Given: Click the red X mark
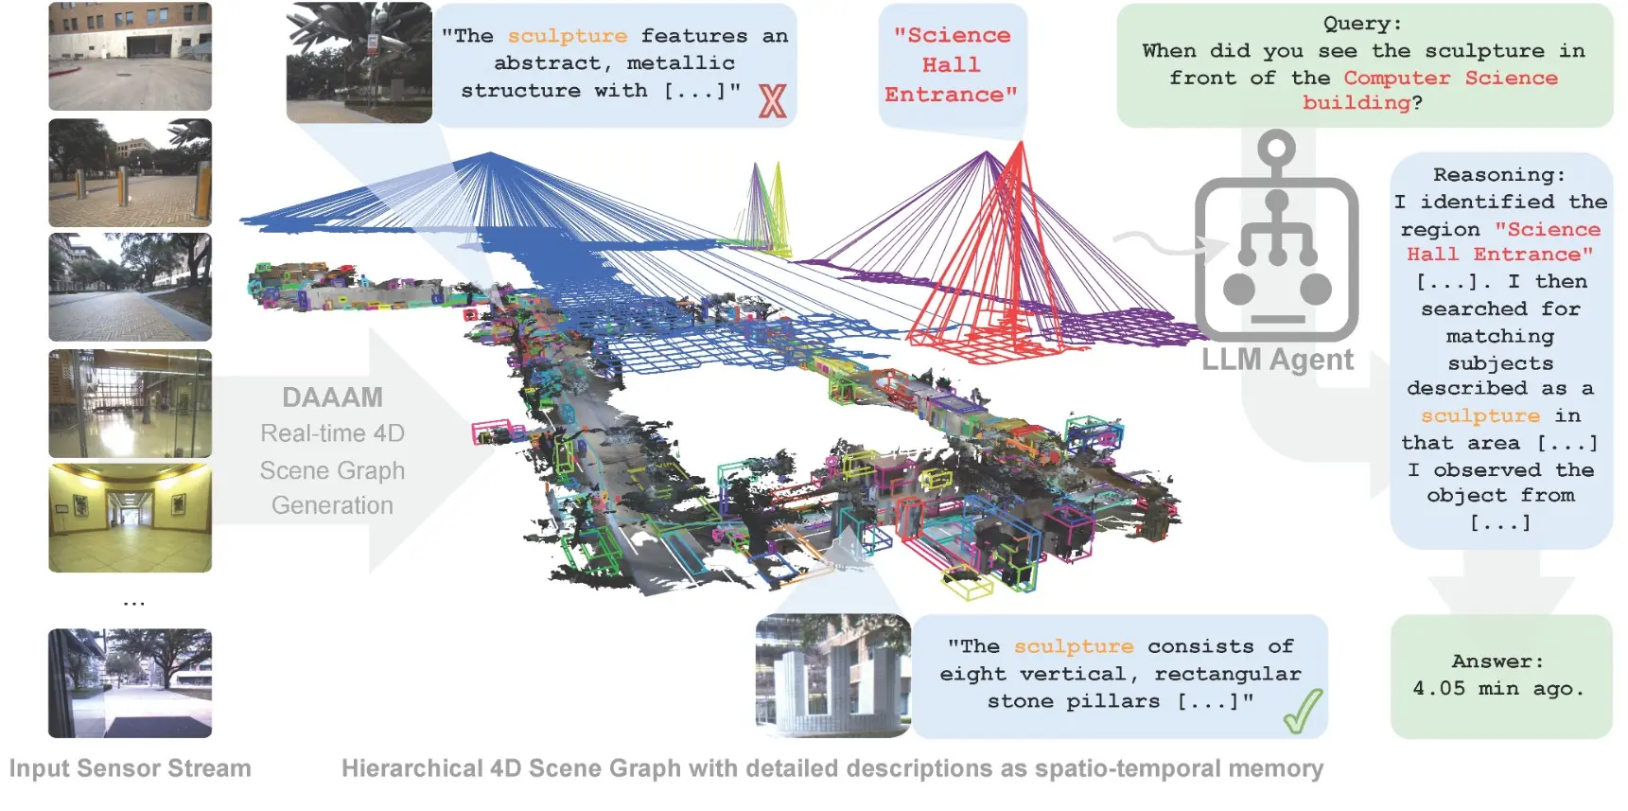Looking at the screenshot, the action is pyautogui.click(x=772, y=101).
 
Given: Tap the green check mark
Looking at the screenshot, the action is pyautogui.click(x=1303, y=712).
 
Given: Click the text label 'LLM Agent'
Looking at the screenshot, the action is pyautogui.click(x=1277, y=361).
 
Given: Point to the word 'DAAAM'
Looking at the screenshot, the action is pyautogui.click(x=332, y=397).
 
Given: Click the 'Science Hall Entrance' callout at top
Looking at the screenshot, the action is pyautogui.click(x=952, y=64).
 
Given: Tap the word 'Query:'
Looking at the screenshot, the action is pyautogui.click(x=1362, y=24).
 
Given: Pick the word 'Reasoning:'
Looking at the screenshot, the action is pyautogui.click(x=1499, y=175).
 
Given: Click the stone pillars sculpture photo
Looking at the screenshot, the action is pyautogui.click(x=832, y=676).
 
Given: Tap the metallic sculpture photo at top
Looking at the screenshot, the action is pyautogui.click(x=359, y=62).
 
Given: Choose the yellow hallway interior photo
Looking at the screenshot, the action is pyautogui.click(x=131, y=519).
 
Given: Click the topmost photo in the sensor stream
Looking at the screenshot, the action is pyautogui.click(x=131, y=57).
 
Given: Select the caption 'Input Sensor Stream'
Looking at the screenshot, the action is pyautogui.click(x=131, y=768).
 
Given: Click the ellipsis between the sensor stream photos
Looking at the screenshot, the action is pyautogui.click(x=133, y=603).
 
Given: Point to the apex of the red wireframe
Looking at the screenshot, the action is pyautogui.click(x=1021, y=142).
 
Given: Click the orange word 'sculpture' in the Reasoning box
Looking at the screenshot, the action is pyautogui.click(x=1480, y=416).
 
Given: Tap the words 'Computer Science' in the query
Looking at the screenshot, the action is pyautogui.click(x=1450, y=79).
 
